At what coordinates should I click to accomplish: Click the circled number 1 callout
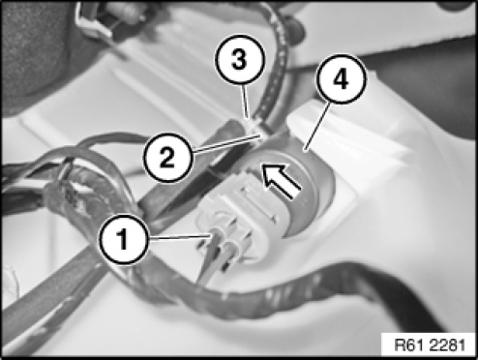(x=123, y=239)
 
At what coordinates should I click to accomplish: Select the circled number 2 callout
(x=167, y=158)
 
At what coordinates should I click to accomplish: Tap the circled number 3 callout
(x=239, y=59)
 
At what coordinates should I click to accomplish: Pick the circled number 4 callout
(x=342, y=78)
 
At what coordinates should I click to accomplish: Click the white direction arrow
(x=282, y=180)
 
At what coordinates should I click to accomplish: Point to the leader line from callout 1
(x=180, y=238)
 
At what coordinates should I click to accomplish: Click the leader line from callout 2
(x=225, y=144)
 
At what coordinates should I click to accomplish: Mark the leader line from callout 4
(x=317, y=126)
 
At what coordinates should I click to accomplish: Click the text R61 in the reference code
(x=407, y=345)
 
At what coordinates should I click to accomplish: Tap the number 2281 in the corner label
(x=445, y=345)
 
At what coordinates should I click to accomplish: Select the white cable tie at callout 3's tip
(x=255, y=128)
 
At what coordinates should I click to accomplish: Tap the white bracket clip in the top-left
(x=94, y=19)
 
